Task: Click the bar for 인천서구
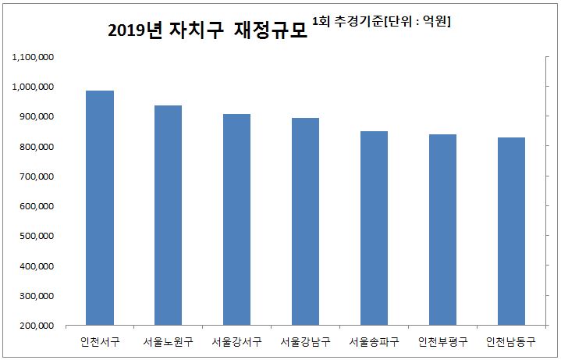click(100, 208)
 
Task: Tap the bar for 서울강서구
click(236, 219)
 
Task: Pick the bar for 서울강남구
click(305, 222)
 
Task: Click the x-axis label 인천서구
click(100, 342)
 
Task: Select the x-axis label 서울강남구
click(305, 342)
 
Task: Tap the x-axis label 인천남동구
click(511, 342)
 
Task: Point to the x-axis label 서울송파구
click(374, 342)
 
